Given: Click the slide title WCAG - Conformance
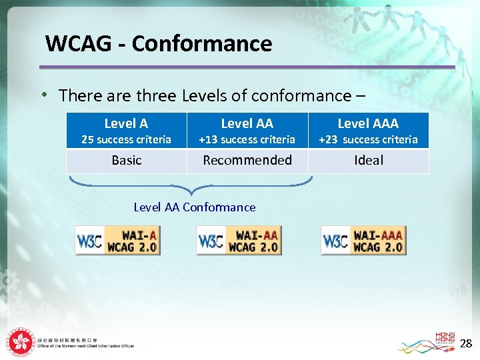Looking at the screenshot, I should pyautogui.click(x=159, y=44).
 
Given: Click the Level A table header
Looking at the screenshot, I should pyautogui.click(x=126, y=123).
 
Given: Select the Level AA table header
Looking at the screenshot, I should pyautogui.click(x=247, y=123).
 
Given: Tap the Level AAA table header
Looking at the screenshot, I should pyautogui.click(x=368, y=123).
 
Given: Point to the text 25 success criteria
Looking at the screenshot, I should pyautogui.click(x=126, y=140).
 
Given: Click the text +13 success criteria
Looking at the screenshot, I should pyautogui.click(x=247, y=140).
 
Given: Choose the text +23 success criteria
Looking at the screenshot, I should pyautogui.click(x=368, y=140).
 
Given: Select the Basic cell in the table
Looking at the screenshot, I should pyautogui.click(x=127, y=161).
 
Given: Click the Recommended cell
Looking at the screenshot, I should pyautogui.click(x=247, y=161).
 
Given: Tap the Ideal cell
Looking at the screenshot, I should pyautogui.click(x=369, y=161).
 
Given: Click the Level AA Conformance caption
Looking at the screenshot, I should pyautogui.click(x=195, y=207).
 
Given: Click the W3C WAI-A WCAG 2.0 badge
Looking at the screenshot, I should pyautogui.click(x=118, y=241).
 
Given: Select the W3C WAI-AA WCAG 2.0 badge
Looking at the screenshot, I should pyautogui.click(x=239, y=241).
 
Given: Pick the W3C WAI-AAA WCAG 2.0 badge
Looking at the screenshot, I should pyautogui.click(x=363, y=241).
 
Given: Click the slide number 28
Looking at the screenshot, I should pyautogui.click(x=466, y=344).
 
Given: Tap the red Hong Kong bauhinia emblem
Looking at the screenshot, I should pyautogui.click(x=21, y=343).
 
